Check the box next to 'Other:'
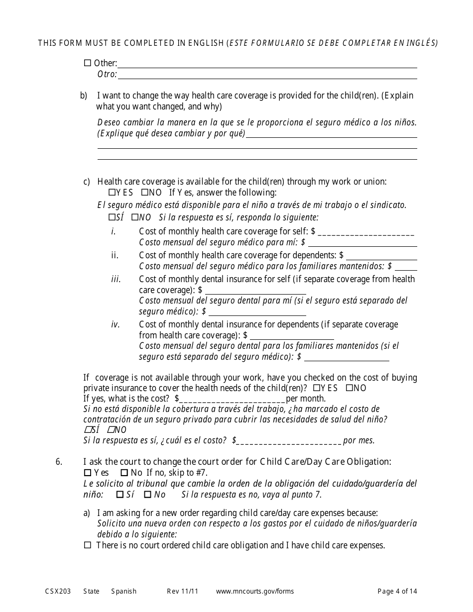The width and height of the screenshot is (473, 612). [x=88, y=63]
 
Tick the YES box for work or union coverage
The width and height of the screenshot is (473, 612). [x=112, y=193]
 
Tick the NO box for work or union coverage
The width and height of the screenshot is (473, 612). [x=144, y=193]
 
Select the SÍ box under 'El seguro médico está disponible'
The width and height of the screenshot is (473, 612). [x=112, y=217]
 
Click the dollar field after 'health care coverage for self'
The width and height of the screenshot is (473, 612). [x=366, y=232]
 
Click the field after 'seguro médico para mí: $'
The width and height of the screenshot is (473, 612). [x=362, y=243]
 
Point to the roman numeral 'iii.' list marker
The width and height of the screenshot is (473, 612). [x=116, y=279]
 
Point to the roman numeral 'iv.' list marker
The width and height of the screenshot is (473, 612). [x=116, y=324]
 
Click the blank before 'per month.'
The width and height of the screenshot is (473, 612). [x=232, y=399]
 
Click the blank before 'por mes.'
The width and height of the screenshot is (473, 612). [x=289, y=441]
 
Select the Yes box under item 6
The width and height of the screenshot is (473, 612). [x=88, y=473]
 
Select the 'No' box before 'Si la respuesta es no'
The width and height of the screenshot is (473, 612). [x=147, y=495]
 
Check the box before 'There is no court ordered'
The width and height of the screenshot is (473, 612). [x=88, y=545]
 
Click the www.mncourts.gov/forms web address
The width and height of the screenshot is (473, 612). [x=255, y=592]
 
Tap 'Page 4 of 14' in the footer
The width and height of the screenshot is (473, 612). [x=397, y=592]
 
